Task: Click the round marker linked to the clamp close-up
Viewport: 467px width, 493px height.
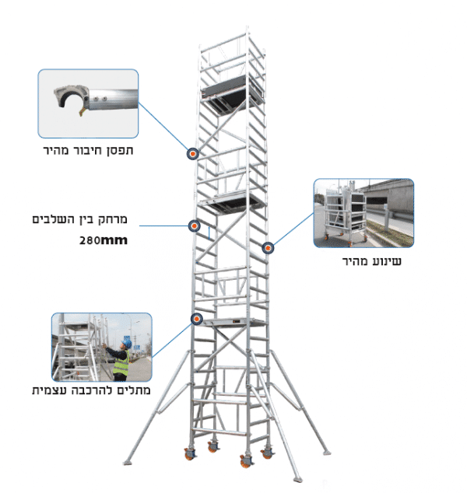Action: tap(191, 153)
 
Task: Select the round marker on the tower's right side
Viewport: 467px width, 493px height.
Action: tap(268, 248)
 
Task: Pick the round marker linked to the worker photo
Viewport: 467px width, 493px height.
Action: tap(196, 318)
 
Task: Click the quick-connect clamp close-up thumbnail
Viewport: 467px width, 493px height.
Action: tap(88, 103)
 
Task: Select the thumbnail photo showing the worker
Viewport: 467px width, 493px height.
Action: tap(101, 347)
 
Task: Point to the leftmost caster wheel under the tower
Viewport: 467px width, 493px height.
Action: tap(190, 453)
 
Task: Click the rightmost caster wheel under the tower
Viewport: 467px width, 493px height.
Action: tap(267, 450)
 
